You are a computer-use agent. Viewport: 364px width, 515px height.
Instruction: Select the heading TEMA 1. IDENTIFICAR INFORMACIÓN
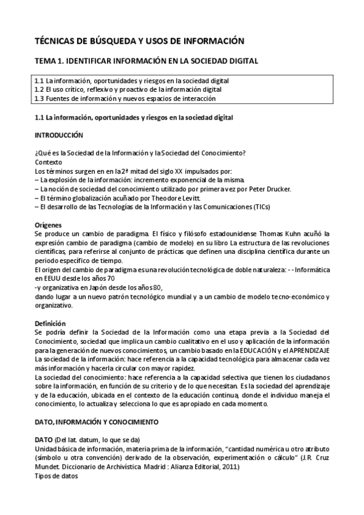coord(146,61)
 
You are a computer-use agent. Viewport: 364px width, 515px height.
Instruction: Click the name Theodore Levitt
coord(180,198)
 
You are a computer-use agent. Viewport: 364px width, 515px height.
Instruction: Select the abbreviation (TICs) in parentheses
coord(258,207)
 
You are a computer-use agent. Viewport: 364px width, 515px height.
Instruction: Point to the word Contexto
coord(49,162)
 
